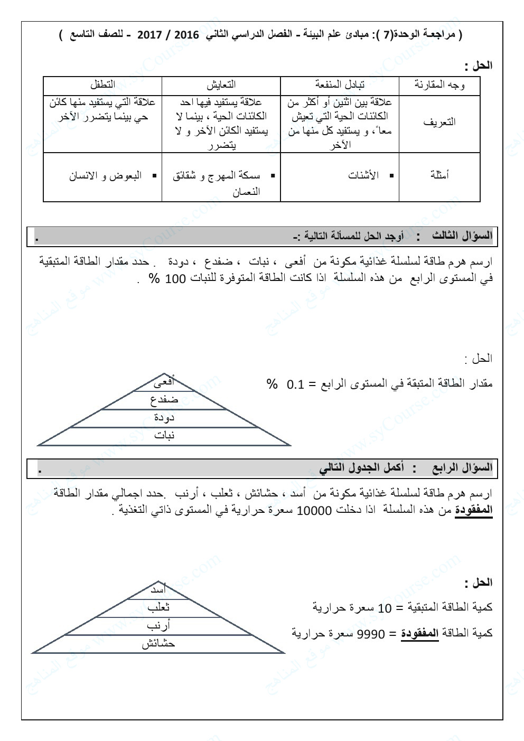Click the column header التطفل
(x=102, y=85)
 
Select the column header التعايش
(x=221, y=85)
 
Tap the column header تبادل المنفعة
(x=340, y=85)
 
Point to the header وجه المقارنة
(x=439, y=85)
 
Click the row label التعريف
(x=439, y=123)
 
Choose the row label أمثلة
(x=439, y=176)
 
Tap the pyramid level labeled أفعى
(x=164, y=383)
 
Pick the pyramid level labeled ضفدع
(x=164, y=400)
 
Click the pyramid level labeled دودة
(x=164, y=418)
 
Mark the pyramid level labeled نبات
(x=164, y=436)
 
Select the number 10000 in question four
(x=314, y=511)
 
